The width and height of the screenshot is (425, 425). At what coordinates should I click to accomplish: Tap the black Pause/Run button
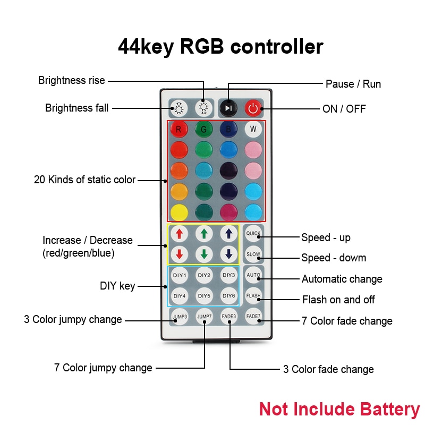point(228,108)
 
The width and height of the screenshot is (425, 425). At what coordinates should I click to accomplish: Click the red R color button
point(179,129)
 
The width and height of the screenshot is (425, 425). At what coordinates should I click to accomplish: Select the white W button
point(253,129)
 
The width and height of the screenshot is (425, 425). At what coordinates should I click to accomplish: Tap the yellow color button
point(179,211)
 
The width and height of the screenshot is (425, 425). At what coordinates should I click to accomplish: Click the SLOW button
point(253,254)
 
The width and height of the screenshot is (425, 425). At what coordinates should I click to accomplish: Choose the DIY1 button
point(180,275)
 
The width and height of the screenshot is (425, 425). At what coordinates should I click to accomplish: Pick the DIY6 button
point(229,295)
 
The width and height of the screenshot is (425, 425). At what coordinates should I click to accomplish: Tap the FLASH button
point(253,295)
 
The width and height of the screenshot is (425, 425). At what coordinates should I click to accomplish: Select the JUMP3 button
point(180,317)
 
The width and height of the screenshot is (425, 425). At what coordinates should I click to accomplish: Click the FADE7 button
point(253,316)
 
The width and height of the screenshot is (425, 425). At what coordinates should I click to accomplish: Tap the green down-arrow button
point(204,254)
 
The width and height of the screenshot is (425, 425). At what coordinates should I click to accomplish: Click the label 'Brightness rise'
point(72,81)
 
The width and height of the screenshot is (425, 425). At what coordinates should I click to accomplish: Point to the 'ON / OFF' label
point(344,109)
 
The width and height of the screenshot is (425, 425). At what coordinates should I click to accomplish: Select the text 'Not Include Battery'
point(339,409)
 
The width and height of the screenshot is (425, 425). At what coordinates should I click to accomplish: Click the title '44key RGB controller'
point(220,47)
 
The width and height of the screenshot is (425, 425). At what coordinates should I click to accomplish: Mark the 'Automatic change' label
point(342,279)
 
